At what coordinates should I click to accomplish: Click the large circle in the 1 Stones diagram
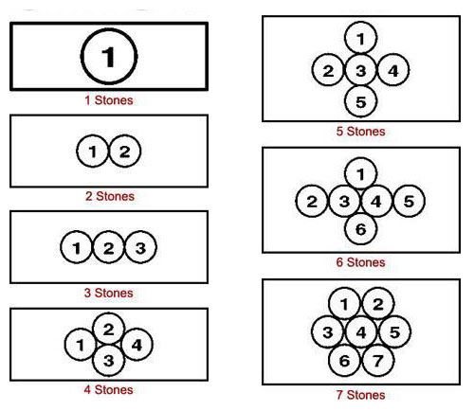click(109, 57)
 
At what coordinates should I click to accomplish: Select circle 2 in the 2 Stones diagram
click(125, 151)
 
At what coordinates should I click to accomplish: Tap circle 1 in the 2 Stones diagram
click(93, 151)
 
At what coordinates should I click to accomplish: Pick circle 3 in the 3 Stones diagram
click(140, 247)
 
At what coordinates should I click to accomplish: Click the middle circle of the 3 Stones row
click(109, 247)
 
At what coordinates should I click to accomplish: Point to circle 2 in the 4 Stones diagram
click(109, 329)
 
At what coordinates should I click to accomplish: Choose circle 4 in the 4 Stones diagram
click(137, 345)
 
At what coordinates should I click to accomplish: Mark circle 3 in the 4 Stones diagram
click(109, 360)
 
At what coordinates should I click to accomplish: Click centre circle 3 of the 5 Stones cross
click(360, 70)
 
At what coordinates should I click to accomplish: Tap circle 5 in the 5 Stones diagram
click(360, 101)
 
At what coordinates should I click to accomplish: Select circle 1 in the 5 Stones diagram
click(360, 38)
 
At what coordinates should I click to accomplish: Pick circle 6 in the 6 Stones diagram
click(360, 228)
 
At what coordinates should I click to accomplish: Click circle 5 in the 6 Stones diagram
click(409, 201)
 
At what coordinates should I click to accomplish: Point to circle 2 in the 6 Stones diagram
click(312, 201)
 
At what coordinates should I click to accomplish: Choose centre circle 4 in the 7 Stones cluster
click(361, 331)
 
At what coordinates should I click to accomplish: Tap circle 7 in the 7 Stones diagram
click(378, 360)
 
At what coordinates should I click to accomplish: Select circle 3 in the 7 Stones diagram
click(328, 331)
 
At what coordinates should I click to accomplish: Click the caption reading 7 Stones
click(360, 395)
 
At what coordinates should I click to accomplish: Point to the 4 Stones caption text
click(108, 389)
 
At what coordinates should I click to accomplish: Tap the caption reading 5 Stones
click(360, 131)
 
